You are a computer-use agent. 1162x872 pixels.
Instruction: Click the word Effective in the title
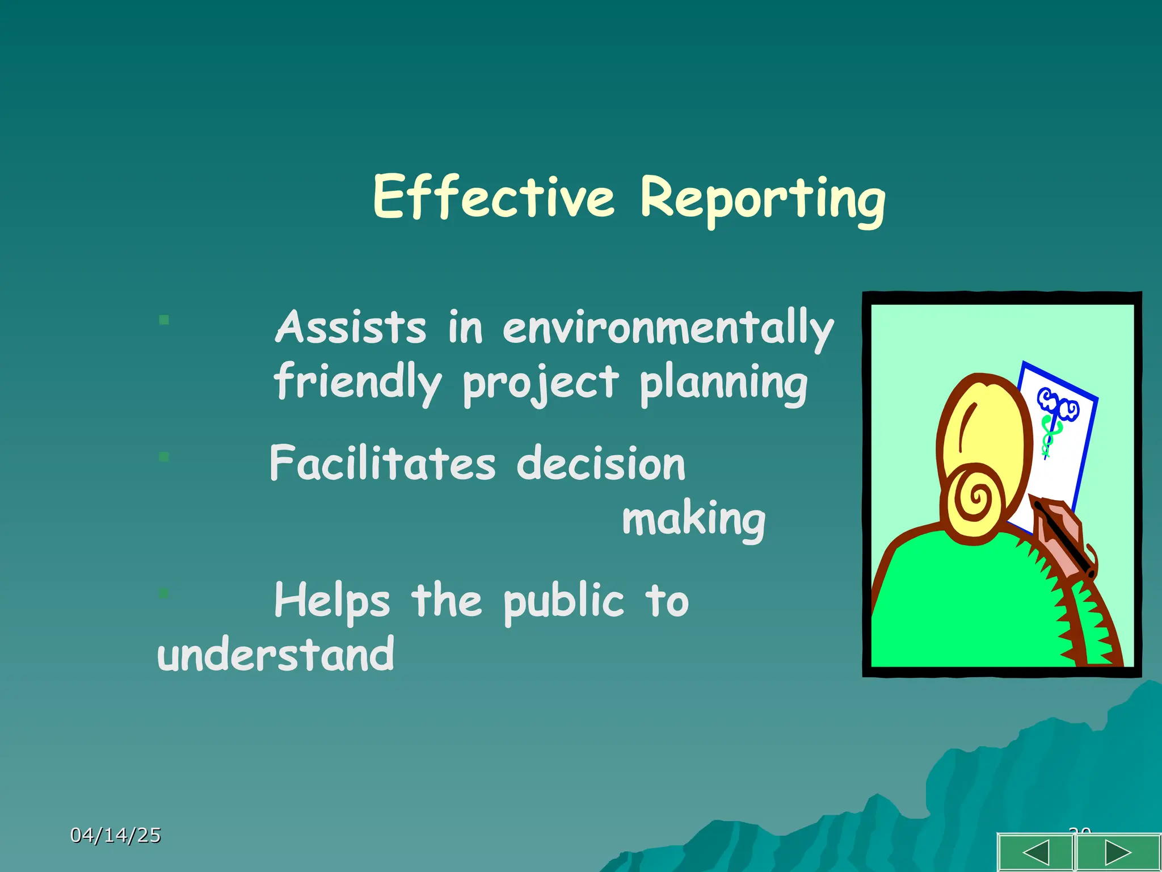click(494, 197)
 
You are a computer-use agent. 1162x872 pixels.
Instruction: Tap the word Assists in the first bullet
click(350, 328)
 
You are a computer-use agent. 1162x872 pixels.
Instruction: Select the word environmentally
click(668, 329)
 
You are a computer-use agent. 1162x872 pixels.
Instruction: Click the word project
click(540, 384)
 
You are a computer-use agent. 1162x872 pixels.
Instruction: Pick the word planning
click(723, 384)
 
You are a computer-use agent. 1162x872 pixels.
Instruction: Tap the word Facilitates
click(382, 463)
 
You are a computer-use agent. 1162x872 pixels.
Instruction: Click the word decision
click(601, 463)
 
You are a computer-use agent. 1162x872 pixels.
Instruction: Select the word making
click(693, 519)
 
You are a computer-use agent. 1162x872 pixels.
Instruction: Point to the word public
click(563, 602)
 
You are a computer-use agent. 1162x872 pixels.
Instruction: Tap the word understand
click(276, 655)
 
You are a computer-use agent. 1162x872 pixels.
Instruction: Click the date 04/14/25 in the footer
click(116, 835)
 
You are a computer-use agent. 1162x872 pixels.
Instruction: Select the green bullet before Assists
click(164, 320)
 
